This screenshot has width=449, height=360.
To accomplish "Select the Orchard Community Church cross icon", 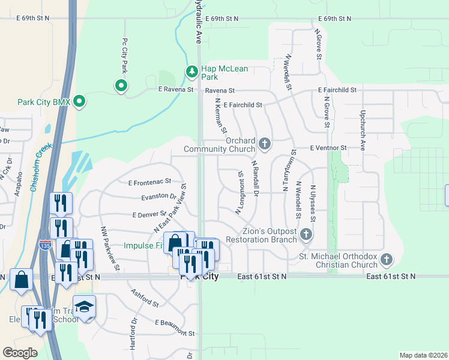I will tap(265, 144).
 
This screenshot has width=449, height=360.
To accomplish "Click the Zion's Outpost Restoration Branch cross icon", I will tap(306, 234).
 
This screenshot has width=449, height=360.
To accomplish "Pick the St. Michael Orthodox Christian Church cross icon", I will tap(387, 259).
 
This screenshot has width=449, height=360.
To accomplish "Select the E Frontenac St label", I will tap(150, 181).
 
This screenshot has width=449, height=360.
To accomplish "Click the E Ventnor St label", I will tap(329, 148).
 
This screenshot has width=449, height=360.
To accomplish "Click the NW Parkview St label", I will tap(110, 248).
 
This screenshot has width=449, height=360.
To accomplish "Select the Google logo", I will tap(20, 353).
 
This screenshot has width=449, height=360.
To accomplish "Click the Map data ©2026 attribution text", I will tap(423, 355).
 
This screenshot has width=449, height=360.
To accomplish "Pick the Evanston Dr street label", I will tap(158, 196).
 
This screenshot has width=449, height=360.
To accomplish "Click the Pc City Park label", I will tap(125, 53).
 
